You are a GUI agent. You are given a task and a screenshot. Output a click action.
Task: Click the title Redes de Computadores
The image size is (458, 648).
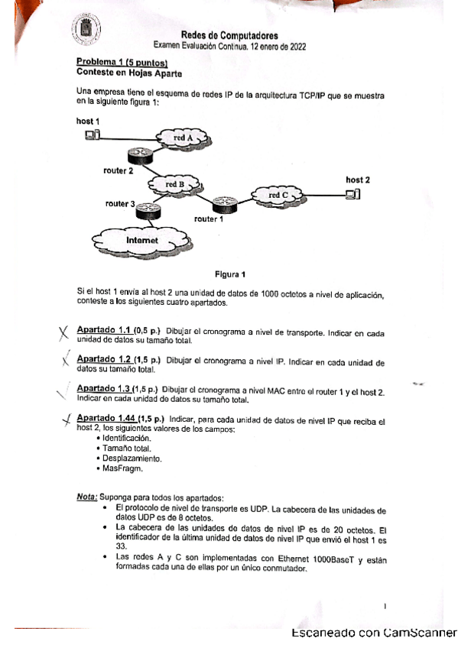(229, 35)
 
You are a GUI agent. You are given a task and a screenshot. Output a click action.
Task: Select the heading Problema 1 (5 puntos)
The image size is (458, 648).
(122, 62)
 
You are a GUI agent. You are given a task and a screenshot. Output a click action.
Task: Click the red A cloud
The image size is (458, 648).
(184, 138)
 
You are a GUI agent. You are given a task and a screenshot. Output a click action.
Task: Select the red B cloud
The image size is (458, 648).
(175, 184)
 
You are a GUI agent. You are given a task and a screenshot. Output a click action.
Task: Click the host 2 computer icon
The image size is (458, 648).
(352, 194)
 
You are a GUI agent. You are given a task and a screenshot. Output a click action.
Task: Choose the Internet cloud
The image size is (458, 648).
(142, 240)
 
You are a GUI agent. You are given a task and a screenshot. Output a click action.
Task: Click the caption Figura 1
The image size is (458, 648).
(230, 274)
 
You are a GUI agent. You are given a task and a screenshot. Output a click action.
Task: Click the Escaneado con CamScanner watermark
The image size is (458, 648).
(373, 633)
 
